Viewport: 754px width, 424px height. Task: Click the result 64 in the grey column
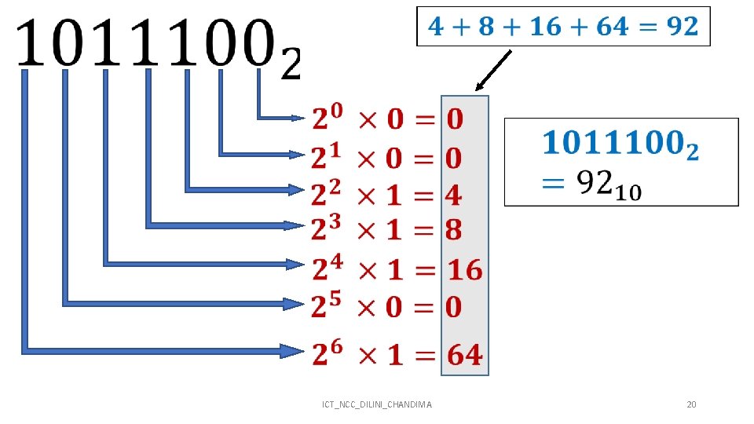pyautogui.click(x=465, y=355)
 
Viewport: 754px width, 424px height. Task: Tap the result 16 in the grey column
pyautogui.click(x=465, y=271)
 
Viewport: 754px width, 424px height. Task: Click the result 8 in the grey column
pyautogui.click(x=454, y=230)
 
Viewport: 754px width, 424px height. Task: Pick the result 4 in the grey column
pyautogui.click(x=454, y=195)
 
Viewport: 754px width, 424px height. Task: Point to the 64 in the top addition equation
pyautogui.click(x=612, y=27)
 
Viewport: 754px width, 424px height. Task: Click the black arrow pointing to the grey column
pyautogui.click(x=494, y=71)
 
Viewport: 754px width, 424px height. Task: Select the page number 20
pyautogui.click(x=691, y=404)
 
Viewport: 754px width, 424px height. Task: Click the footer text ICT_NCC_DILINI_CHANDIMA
pyautogui.click(x=377, y=404)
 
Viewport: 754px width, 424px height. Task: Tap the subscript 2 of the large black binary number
pyautogui.click(x=290, y=65)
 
